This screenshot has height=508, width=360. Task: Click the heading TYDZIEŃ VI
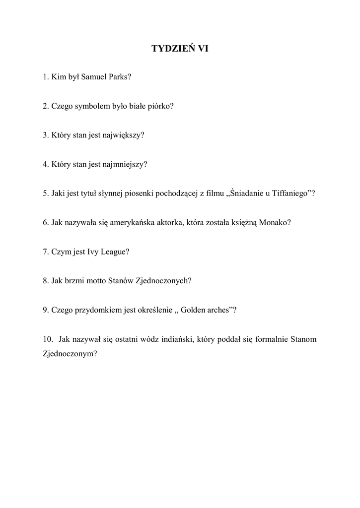click(180, 49)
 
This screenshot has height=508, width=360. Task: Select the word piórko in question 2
click(159, 106)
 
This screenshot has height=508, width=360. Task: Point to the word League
click(114, 252)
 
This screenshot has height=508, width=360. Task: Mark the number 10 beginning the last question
click(48, 339)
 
